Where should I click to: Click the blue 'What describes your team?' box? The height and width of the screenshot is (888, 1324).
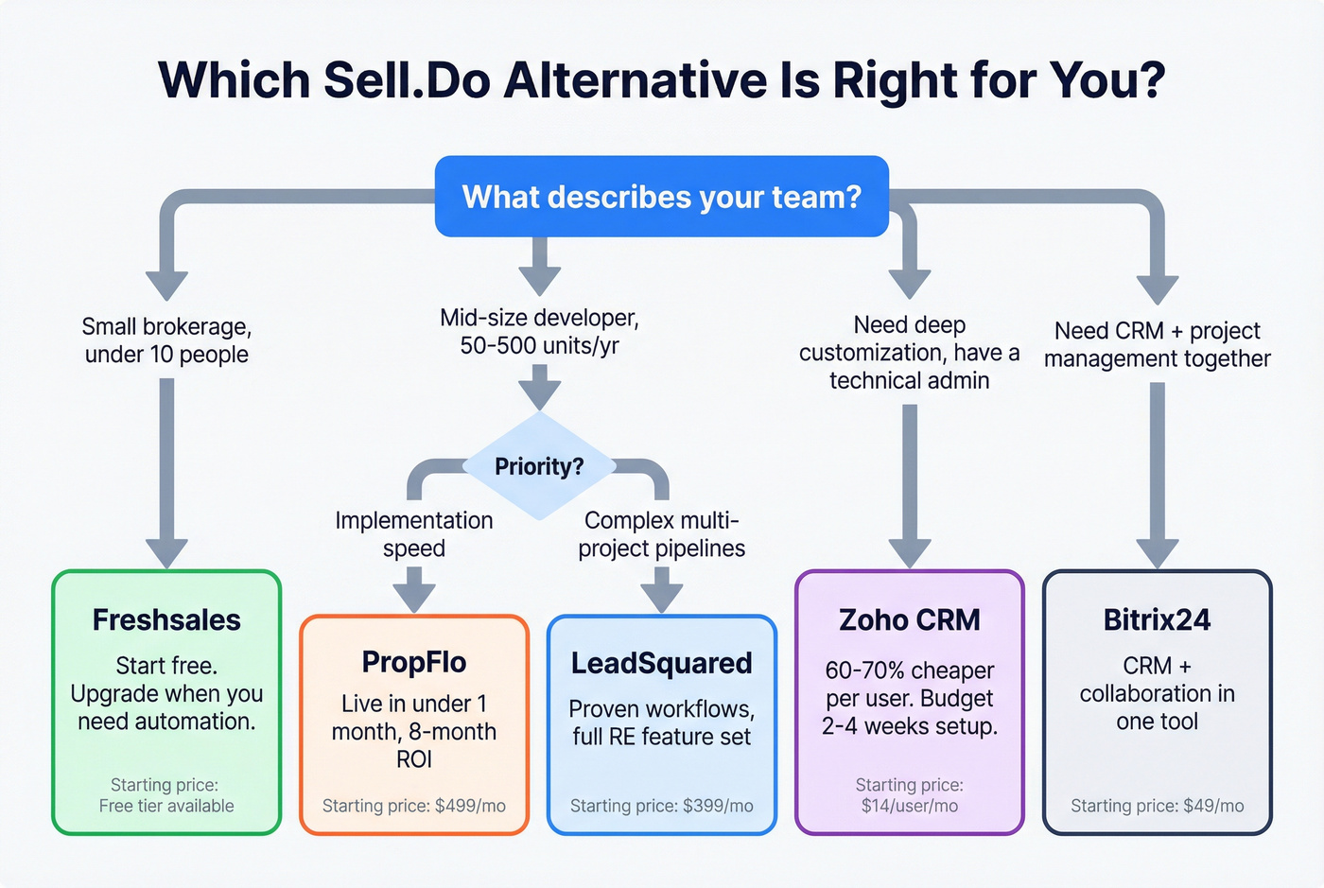(661, 197)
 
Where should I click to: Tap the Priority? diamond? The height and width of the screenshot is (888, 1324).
(539, 466)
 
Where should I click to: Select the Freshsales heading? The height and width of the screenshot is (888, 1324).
(166, 620)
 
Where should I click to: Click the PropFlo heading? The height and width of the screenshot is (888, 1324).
(414, 662)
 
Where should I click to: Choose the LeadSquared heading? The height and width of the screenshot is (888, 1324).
(661, 663)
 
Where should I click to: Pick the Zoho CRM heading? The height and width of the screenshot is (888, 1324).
(910, 620)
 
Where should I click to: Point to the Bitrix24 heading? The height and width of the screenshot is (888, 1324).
(1157, 620)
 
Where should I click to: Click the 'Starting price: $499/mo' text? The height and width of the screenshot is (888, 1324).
(414, 806)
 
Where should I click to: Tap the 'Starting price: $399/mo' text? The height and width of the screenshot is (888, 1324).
(661, 806)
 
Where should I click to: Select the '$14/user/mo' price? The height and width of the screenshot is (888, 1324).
(910, 806)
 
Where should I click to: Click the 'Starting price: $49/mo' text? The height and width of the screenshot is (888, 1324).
(1157, 806)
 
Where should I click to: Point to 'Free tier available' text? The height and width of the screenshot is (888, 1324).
(166, 806)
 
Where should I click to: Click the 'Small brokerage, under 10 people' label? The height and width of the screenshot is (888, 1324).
(166, 340)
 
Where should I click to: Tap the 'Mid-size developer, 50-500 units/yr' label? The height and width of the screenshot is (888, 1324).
(539, 331)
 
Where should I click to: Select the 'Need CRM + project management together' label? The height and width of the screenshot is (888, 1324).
(1157, 344)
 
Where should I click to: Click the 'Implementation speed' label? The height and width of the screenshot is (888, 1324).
(414, 534)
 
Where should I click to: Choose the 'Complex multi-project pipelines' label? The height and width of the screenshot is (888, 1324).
(661, 534)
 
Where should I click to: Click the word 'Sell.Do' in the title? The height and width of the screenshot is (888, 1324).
(407, 80)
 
